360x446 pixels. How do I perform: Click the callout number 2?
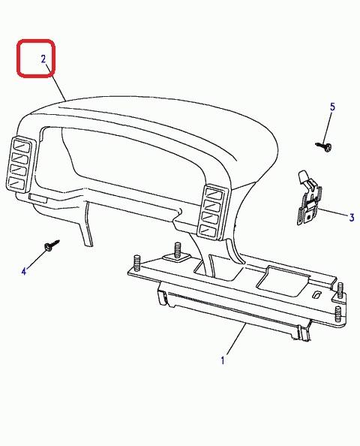pos(43,59)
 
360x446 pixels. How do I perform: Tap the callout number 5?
pos(332,107)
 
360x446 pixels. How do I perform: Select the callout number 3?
pos(352,218)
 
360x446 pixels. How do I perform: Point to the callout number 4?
pos(24,271)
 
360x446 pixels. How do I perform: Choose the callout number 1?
pos(223,360)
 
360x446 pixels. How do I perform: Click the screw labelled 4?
pos(52,246)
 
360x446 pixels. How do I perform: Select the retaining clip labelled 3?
pos(309,198)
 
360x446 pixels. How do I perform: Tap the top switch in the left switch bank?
pos(21,147)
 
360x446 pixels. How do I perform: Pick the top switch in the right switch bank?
pos(214,194)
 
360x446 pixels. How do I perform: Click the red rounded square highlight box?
pos(36,59)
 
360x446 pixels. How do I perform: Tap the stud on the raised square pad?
pos(178,249)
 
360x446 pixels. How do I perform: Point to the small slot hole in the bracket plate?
pos(316,294)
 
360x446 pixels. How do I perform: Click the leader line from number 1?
pos(235,339)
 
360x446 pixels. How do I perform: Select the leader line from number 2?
pos(56,82)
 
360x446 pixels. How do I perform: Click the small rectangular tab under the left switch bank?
pos(37,198)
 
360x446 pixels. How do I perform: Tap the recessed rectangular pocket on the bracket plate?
pos(282,281)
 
